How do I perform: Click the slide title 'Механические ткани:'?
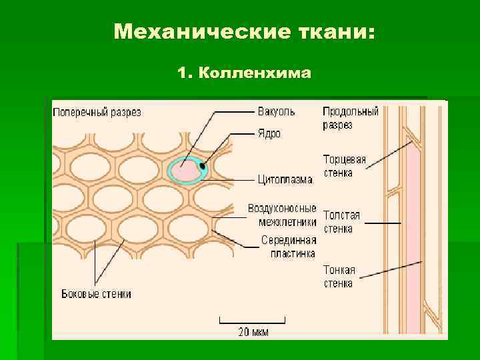[x=245, y=31]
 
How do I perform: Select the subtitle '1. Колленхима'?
[x=245, y=72]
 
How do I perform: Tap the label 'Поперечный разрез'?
[x=97, y=112]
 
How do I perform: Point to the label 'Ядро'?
[x=269, y=133]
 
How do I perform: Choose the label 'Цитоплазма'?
[x=286, y=179]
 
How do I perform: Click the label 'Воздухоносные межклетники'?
[x=282, y=215]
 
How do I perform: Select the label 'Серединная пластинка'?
[x=288, y=247]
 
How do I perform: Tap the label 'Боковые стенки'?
[x=96, y=294]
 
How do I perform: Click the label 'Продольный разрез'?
[x=350, y=118]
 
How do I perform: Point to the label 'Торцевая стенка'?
[x=345, y=166]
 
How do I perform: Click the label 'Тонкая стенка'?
[x=339, y=277]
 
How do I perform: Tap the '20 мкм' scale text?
[x=253, y=331]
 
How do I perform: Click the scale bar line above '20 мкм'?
[x=253, y=319]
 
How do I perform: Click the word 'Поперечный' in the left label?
[x=79, y=112]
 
